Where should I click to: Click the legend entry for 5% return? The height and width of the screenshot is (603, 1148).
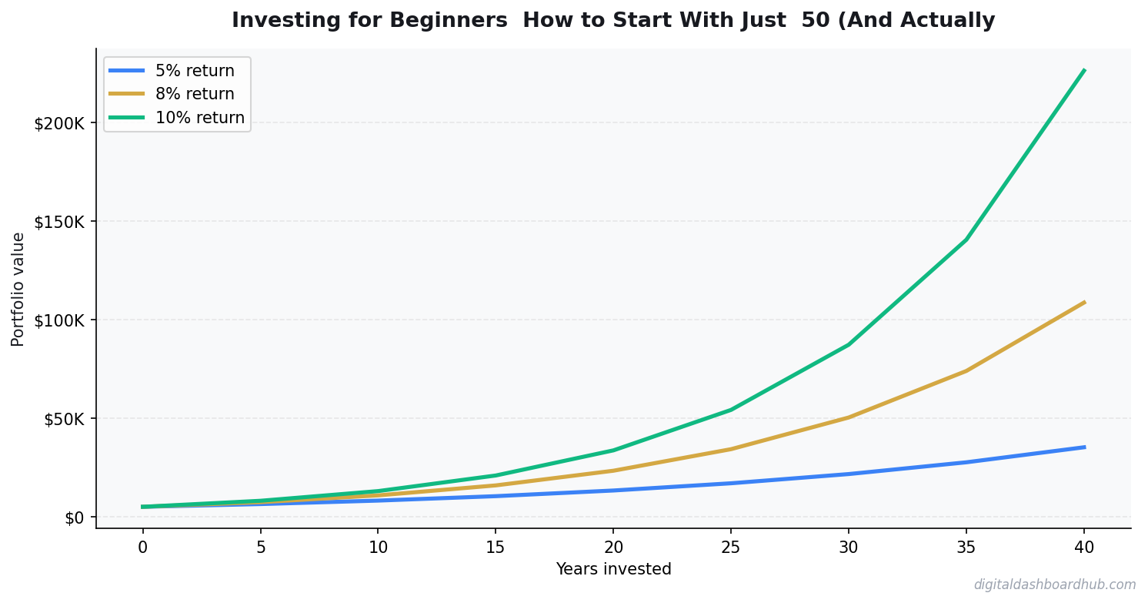[x=195, y=71]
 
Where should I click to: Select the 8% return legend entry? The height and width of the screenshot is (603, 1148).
[x=195, y=95]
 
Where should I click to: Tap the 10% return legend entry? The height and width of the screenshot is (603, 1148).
[x=199, y=118]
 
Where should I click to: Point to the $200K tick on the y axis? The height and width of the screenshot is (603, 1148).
[x=64, y=123]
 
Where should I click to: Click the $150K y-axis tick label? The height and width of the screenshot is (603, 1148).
[x=64, y=222]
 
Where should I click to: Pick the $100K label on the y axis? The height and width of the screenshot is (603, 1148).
[x=64, y=320]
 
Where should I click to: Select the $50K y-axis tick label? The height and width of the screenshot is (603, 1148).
[x=67, y=419]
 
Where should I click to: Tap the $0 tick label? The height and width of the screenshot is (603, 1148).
[x=74, y=518]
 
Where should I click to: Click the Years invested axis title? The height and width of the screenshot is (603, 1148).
[x=613, y=569]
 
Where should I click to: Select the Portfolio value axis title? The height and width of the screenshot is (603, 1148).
[x=18, y=289]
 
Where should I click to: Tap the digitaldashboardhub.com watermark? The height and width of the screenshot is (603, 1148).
[x=1054, y=585]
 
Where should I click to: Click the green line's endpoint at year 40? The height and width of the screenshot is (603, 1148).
[x=1084, y=70]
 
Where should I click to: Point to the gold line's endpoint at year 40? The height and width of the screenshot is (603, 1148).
[x=1084, y=302]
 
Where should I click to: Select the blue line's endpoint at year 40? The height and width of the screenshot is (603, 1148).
[x=1084, y=447]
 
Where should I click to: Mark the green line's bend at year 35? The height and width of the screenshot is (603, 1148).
[x=966, y=240]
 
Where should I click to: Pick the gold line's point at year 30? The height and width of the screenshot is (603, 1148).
[x=849, y=417]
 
